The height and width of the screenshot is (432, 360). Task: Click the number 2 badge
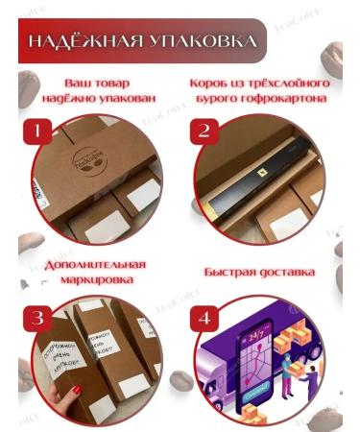(204, 132)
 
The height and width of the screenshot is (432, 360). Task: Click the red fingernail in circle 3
(75, 389)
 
